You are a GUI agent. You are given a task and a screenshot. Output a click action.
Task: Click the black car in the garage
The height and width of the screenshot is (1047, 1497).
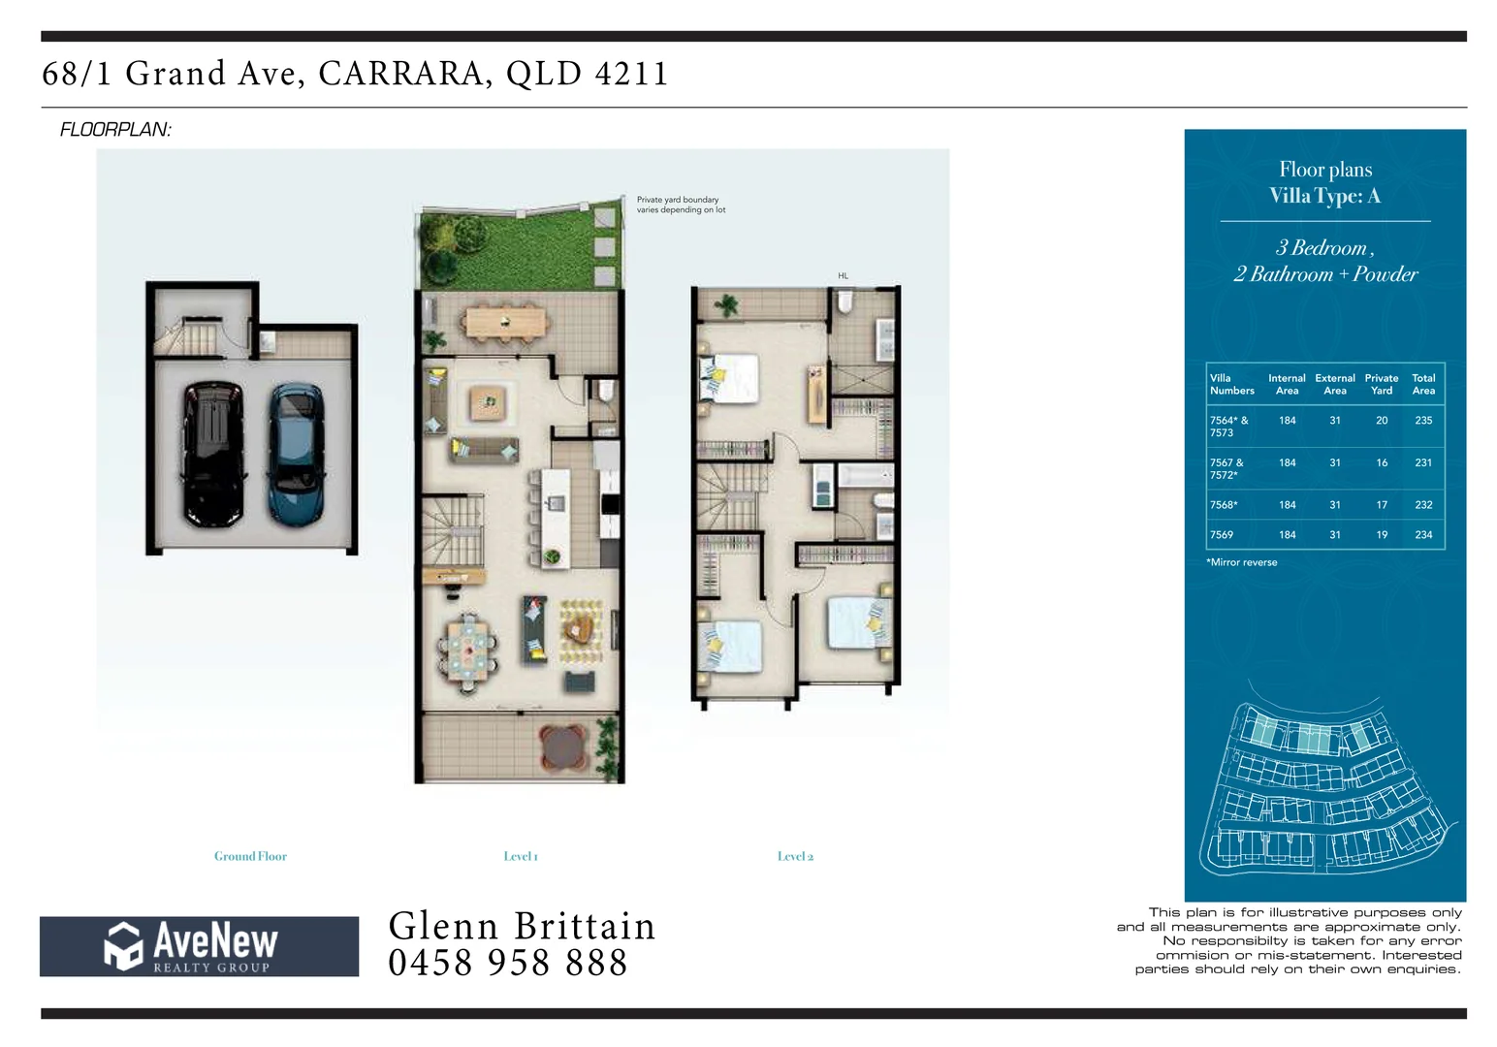click(213, 454)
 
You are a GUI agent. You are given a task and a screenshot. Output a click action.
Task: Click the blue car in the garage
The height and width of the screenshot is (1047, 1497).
click(296, 454)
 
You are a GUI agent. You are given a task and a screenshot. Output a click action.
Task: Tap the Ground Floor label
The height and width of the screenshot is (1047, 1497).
click(250, 856)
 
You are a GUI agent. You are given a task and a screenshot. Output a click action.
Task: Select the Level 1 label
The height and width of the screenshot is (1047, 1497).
click(521, 856)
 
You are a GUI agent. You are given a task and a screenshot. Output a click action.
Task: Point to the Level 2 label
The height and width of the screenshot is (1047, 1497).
click(795, 856)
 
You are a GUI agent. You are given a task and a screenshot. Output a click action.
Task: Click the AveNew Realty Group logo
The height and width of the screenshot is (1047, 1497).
click(199, 946)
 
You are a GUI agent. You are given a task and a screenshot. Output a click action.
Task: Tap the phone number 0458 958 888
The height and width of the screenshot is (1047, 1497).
click(508, 963)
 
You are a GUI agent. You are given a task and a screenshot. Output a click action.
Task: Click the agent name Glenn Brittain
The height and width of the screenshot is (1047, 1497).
click(522, 926)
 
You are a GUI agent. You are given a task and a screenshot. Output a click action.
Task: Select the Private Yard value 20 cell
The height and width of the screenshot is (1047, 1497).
click(1382, 421)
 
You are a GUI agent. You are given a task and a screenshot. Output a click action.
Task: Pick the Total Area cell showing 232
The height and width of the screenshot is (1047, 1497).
click(1423, 505)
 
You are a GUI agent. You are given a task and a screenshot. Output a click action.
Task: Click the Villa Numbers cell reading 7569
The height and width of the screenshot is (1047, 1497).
click(1222, 535)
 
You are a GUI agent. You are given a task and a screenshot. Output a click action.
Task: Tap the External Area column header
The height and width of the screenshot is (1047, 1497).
click(1335, 385)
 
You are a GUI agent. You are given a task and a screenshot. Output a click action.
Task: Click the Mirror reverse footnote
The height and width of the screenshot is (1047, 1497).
click(1242, 562)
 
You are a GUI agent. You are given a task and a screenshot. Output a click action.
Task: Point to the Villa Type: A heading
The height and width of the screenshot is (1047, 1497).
click(1324, 196)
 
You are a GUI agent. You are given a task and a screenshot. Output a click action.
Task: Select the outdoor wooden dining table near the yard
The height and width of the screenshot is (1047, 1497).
click(505, 321)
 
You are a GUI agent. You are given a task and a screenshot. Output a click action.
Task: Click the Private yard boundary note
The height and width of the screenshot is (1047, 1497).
click(681, 205)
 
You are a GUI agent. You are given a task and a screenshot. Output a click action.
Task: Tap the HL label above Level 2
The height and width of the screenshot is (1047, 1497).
click(843, 276)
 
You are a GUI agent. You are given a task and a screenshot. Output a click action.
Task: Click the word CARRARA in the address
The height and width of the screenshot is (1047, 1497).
click(402, 74)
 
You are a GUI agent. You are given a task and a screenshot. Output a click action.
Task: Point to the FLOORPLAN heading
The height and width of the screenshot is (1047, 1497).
click(115, 130)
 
